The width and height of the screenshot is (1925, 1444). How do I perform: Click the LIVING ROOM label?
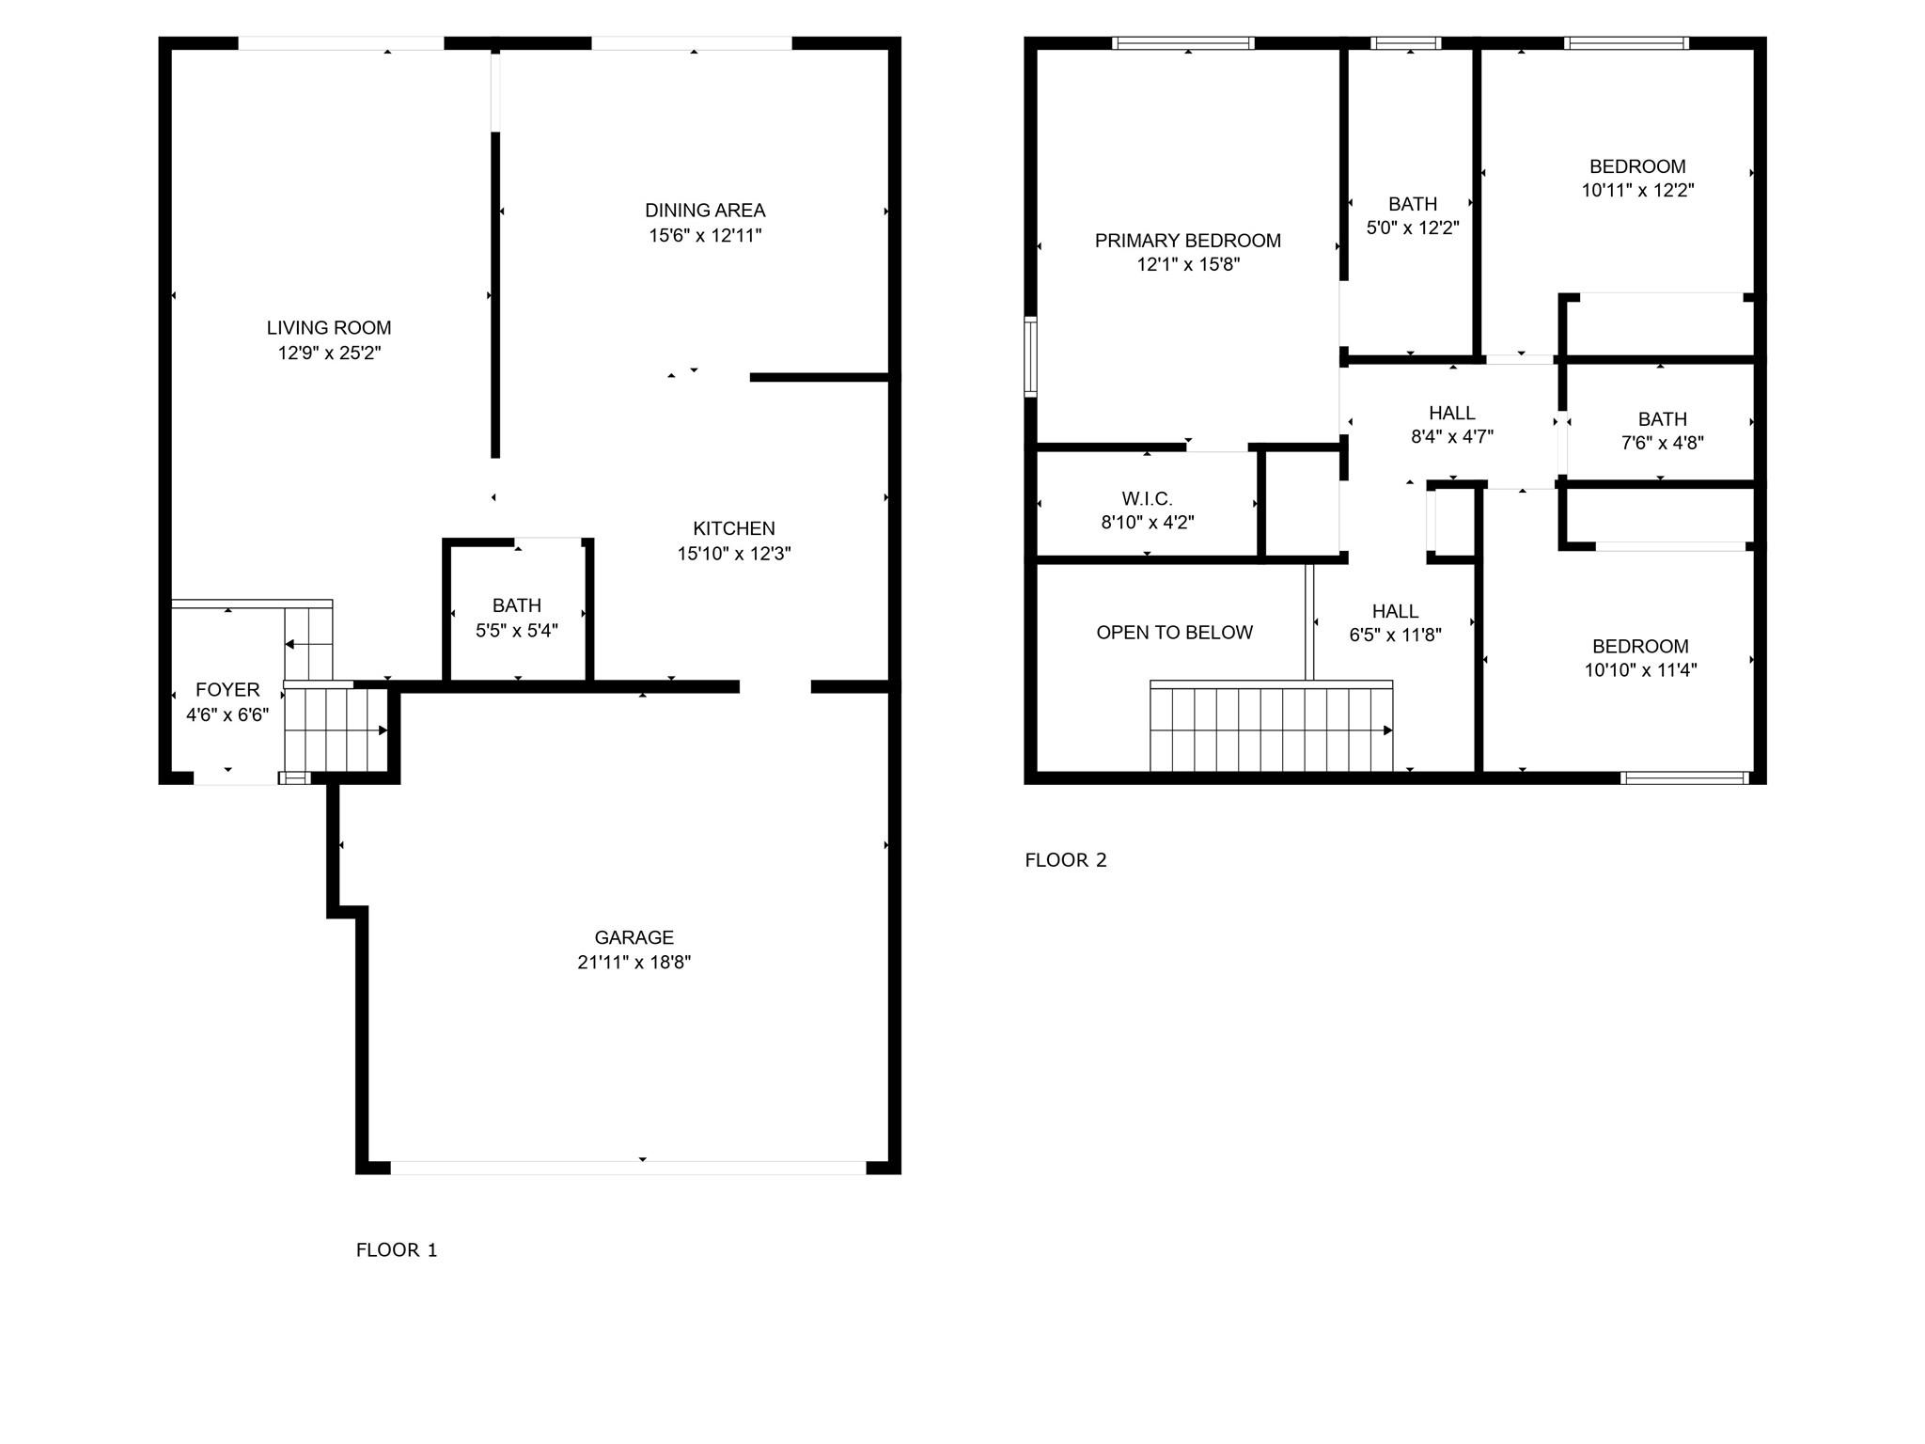pyautogui.click(x=329, y=328)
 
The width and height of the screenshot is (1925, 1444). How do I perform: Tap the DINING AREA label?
pyautogui.click(x=705, y=211)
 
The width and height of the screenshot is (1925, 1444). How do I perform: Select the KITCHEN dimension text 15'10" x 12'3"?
pyautogui.click(x=734, y=554)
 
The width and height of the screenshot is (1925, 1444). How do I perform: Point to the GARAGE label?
pyautogui.click(x=634, y=937)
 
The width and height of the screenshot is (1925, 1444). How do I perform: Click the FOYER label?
pyautogui.click(x=227, y=690)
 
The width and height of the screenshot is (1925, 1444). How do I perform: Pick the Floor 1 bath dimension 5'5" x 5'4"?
pyautogui.click(x=517, y=631)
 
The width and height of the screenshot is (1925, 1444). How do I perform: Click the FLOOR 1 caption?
pyautogui.click(x=397, y=1250)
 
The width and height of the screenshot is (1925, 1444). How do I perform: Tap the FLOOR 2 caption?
pyautogui.click(x=1066, y=860)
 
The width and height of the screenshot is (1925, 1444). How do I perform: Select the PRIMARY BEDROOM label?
pyautogui.click(x=1188, y=241)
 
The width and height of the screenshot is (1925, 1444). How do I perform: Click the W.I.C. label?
pyautogui.click(x=1148, y=499)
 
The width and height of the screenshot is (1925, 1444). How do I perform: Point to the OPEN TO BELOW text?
pyautogui.click(x=1175, y=633)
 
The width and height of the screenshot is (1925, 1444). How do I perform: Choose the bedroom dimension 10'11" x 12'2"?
pyautogui.click(x=1638, y=190)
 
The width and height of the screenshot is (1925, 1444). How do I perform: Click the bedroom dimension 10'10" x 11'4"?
pyautogui.click(x=1641, y=670)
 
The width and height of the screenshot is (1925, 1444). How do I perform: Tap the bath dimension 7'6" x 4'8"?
pyautogui.click(x=1663, y=443)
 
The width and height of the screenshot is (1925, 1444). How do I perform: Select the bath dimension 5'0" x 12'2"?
pyautogui.click(x=1413, y=228)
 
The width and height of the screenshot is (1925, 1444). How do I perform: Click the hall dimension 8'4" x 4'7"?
pyautogui.click(x=1452, y=436)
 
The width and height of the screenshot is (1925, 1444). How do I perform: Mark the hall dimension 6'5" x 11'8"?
pyautogui.click(x=1396, y=635)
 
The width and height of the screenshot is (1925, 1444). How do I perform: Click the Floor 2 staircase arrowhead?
pyautogui.click(x=1388, y=730)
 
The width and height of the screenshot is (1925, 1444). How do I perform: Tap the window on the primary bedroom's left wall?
pyautogui.click(x=1031, y=357)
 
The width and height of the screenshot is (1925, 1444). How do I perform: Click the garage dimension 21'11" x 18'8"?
pyautogui.click(x=634, y=962)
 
